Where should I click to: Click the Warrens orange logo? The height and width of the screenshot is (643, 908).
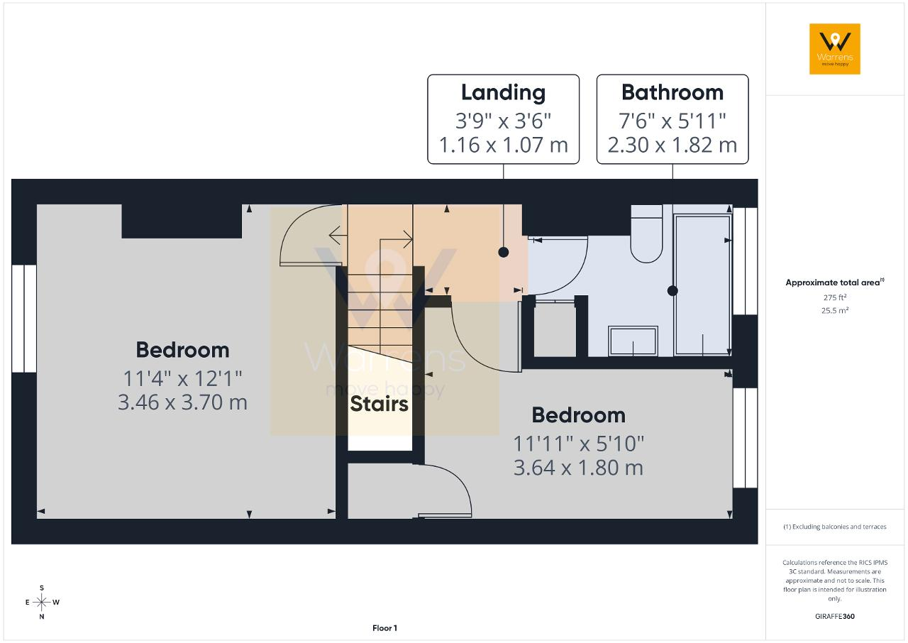pos(835,49)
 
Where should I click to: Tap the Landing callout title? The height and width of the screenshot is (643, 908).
pos(503,93)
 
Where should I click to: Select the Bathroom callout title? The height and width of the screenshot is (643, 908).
pos(672,92)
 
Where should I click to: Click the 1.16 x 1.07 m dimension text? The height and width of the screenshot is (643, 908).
pos(504,145)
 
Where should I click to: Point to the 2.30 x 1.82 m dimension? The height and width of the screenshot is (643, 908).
pos(672,145)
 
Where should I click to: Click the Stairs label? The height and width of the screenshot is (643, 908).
pos(379,404)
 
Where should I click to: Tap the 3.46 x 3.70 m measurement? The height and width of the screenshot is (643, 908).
pos(182,402)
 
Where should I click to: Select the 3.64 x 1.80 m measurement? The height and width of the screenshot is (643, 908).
pos(578,468)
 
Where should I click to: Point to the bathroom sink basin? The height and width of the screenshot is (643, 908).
pos(633,341)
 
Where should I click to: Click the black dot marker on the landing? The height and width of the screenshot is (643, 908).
pos(504,252)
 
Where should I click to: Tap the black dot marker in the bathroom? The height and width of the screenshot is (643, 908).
pos(672,291)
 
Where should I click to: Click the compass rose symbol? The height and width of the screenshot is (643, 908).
pos(41,603)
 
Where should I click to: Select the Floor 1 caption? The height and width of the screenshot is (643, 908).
pos(384,628)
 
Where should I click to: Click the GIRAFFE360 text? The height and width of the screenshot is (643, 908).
pos(835,616)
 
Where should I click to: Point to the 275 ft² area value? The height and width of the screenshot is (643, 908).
pos(835,297)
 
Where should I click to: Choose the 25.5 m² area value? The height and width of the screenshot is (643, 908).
pos(835,310)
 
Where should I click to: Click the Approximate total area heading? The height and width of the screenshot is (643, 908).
pos(835,282)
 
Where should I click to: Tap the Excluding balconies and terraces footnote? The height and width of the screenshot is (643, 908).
pos(835,527)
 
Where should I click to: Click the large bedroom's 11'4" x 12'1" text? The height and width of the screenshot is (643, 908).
pos(182,379)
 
